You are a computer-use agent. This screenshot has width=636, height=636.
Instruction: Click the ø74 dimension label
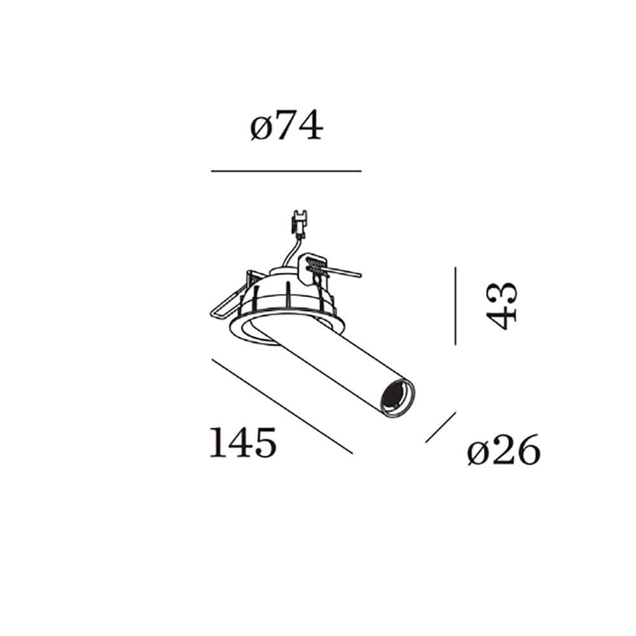pos(286,125)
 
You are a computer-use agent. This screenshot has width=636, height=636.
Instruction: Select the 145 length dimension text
pos(243,442)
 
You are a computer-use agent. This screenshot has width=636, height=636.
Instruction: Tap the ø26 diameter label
pos(504,450)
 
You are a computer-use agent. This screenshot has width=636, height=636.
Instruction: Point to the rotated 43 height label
pos(502,305)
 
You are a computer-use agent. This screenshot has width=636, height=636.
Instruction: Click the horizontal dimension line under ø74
pos(286,171)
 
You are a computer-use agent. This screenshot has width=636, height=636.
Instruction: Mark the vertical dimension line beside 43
pos(455,306)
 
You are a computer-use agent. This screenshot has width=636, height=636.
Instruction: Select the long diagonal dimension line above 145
pos(282,406)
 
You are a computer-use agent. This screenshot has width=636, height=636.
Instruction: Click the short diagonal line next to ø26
pos(441,427)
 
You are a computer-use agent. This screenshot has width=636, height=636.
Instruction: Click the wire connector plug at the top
pos(300,223)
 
